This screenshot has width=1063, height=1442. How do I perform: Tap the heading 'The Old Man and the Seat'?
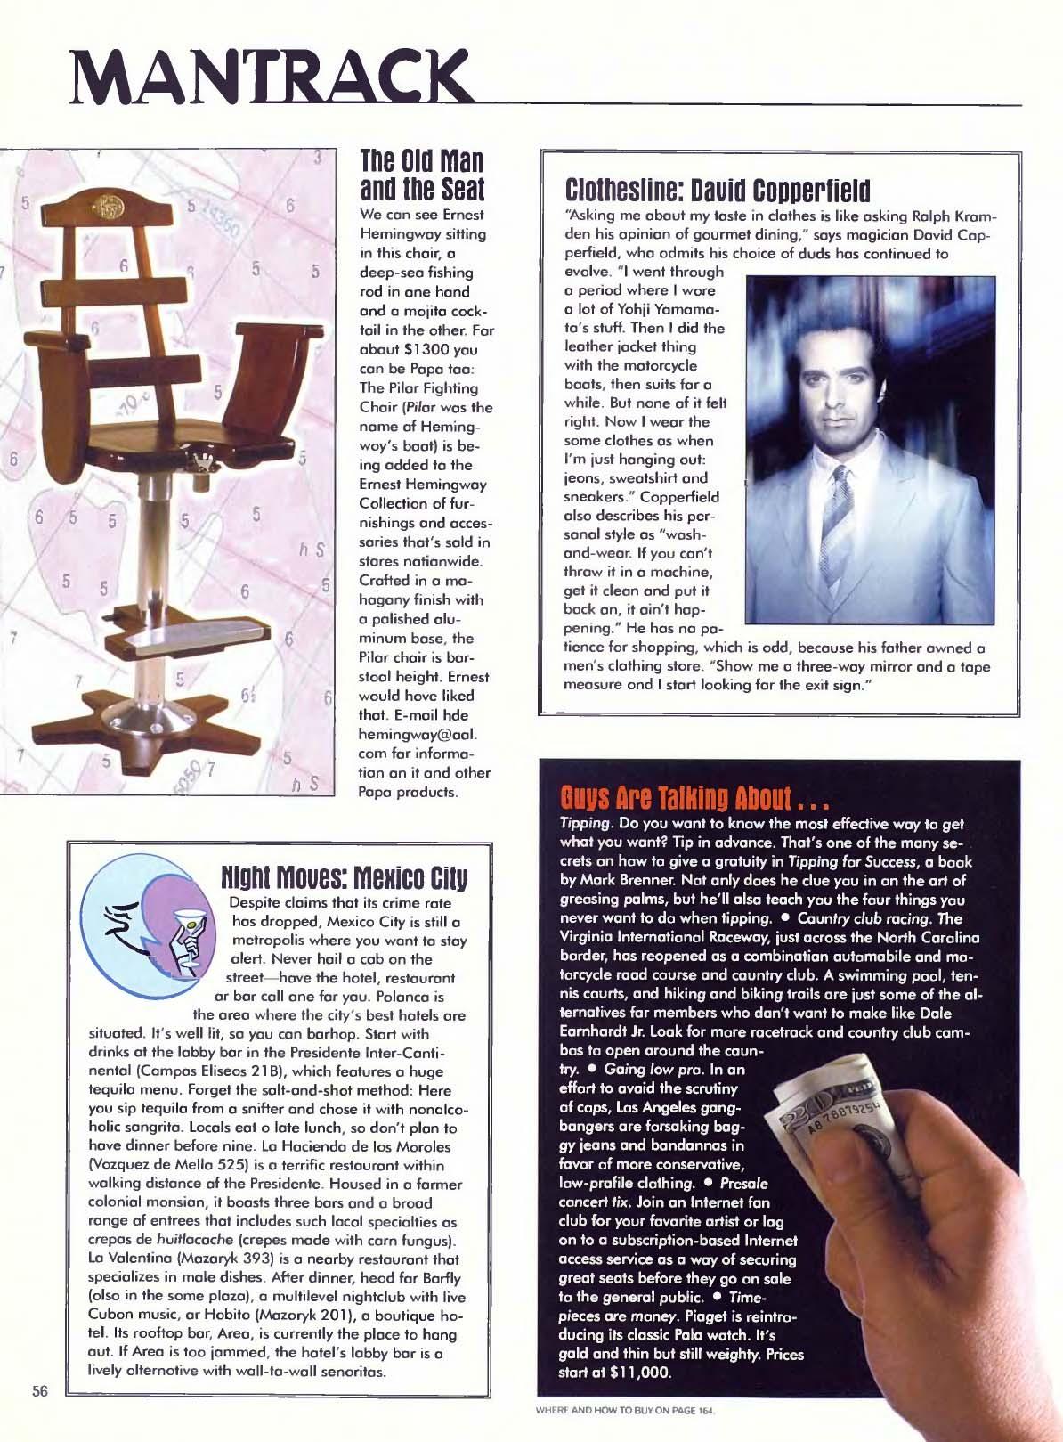coord(421,175)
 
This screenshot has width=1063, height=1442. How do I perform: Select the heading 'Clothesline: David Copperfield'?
coord(717,190)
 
